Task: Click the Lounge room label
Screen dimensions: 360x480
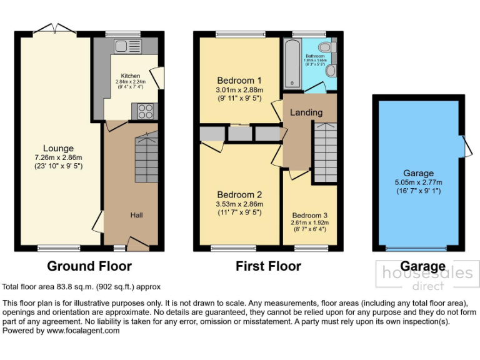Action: pyautogui.click(x=58, y=148)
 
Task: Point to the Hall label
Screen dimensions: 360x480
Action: pyautogui.click(x=137, y=215)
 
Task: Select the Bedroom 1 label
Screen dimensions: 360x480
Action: pyautogui.click(x=239, y=81)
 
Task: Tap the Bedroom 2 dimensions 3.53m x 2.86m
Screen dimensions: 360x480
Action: pyautogui.click(x=239, y=204)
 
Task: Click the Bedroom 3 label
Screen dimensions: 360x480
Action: pyautogui.click(x=309, y=215)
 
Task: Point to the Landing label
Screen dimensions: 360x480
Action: pyautogui.click(x=307, y=112)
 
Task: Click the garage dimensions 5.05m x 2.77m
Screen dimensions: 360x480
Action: pyautogui.click(x=418, y=182)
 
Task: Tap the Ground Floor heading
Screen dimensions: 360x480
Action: pyautogui.click(x=89, y=266)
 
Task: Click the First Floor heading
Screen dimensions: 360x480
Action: pyautogui.click(x=268, y=266)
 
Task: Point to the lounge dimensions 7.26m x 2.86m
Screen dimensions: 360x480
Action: pyautogui.click(x=58, y=157)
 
